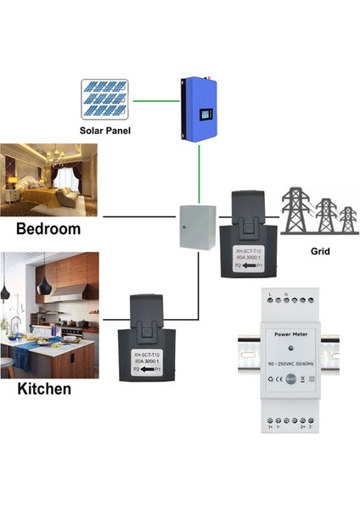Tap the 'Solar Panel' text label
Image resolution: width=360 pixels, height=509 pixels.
click(x=105, y=131)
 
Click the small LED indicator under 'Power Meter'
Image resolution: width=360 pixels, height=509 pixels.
click(x=290, y=350)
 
